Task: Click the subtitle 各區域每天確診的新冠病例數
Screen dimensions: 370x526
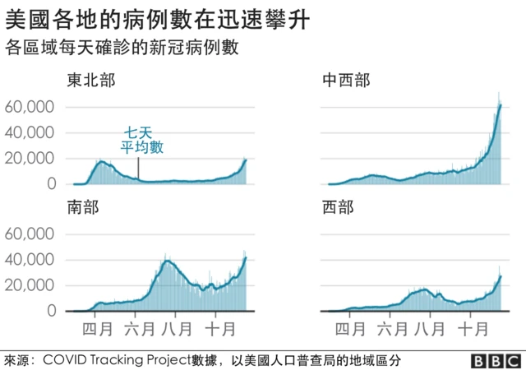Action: (121, 48)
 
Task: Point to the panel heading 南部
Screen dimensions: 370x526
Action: (83, 208)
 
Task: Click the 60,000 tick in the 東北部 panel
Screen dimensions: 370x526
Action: (30, 107)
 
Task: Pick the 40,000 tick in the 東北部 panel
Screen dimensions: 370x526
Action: (30, 132)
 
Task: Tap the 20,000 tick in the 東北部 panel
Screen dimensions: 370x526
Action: (30, 159)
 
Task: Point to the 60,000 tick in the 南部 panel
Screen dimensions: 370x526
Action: (30, 234)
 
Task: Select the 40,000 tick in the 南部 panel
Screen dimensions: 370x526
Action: (30, 260)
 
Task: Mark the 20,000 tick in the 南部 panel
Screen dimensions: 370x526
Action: (30, 286)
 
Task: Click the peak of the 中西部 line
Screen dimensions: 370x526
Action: (500, 104)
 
